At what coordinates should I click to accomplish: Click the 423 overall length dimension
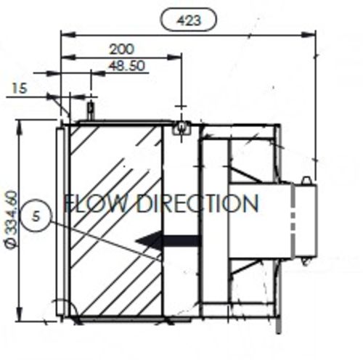tap(188, 20)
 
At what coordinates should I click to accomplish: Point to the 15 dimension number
tap(19, 88)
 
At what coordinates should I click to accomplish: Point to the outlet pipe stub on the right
tap(303, 221)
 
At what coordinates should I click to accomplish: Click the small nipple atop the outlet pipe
tap(307, 179)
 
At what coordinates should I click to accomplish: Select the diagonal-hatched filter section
tap(116, 218)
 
